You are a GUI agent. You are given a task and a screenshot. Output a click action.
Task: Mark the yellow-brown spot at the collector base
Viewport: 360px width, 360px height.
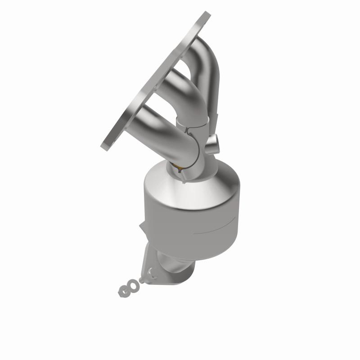[x=180, y=169]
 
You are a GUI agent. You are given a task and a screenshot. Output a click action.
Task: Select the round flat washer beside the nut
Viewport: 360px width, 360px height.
[x=134, y=285]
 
